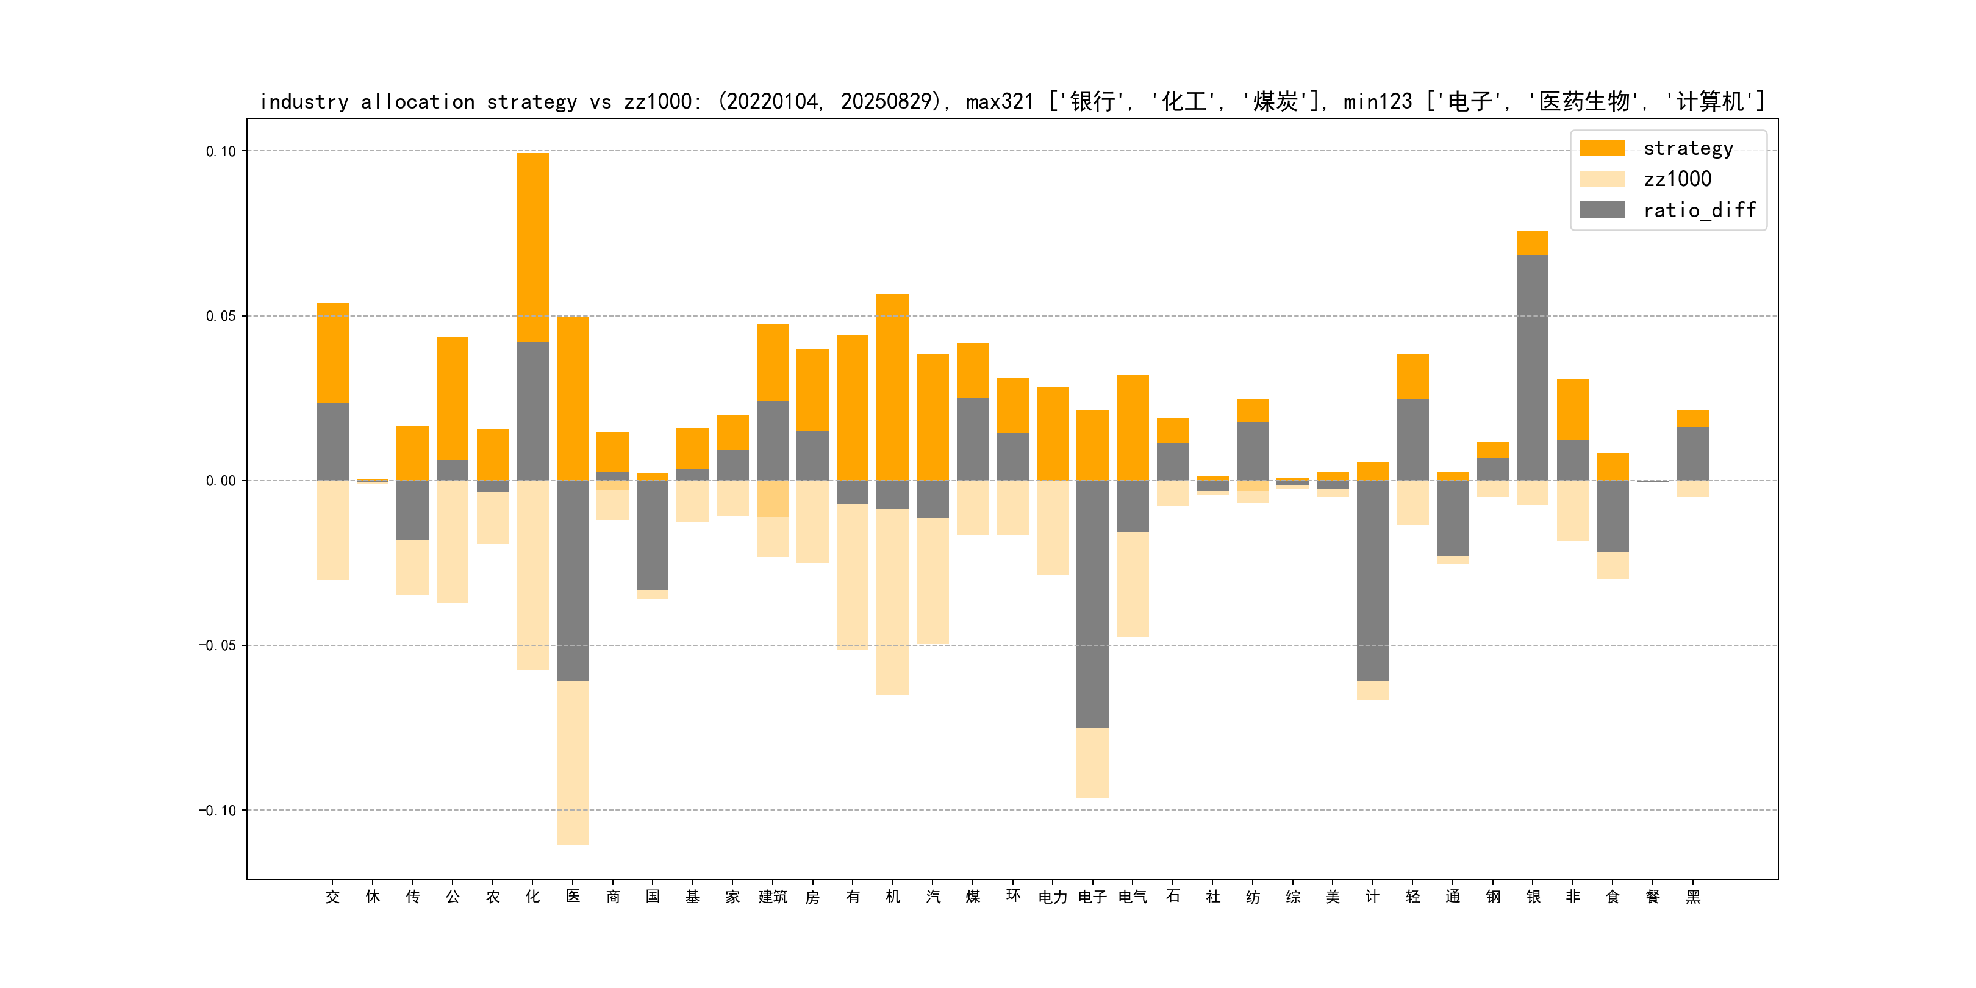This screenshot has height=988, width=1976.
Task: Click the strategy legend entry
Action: [x=1688, y=148]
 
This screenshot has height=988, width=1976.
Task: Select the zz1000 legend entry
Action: [x=1677, y=179]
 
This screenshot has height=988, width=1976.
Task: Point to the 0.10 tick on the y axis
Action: [x=221, y=151]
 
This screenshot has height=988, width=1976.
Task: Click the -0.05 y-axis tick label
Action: [x=218, y=645]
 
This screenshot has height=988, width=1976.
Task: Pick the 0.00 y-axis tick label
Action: [x=221, y=481]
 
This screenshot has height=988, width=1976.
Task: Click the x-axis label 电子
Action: [x=1092, y=897]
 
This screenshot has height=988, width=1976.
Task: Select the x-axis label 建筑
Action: [x=773, y=897]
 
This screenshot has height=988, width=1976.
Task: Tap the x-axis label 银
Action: [x=1533, y=897]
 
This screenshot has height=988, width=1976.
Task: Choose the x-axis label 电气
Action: [x=1132, y=897]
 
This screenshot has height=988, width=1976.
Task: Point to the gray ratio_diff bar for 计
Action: [x=1372, y=581]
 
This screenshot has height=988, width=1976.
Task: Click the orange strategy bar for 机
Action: [x=892, y=387]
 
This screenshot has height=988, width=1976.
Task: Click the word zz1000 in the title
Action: [x=657, y=102]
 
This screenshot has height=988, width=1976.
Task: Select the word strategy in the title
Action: [x=532, y=102]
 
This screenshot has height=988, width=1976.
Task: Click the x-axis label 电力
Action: [x=1053, y=897]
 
